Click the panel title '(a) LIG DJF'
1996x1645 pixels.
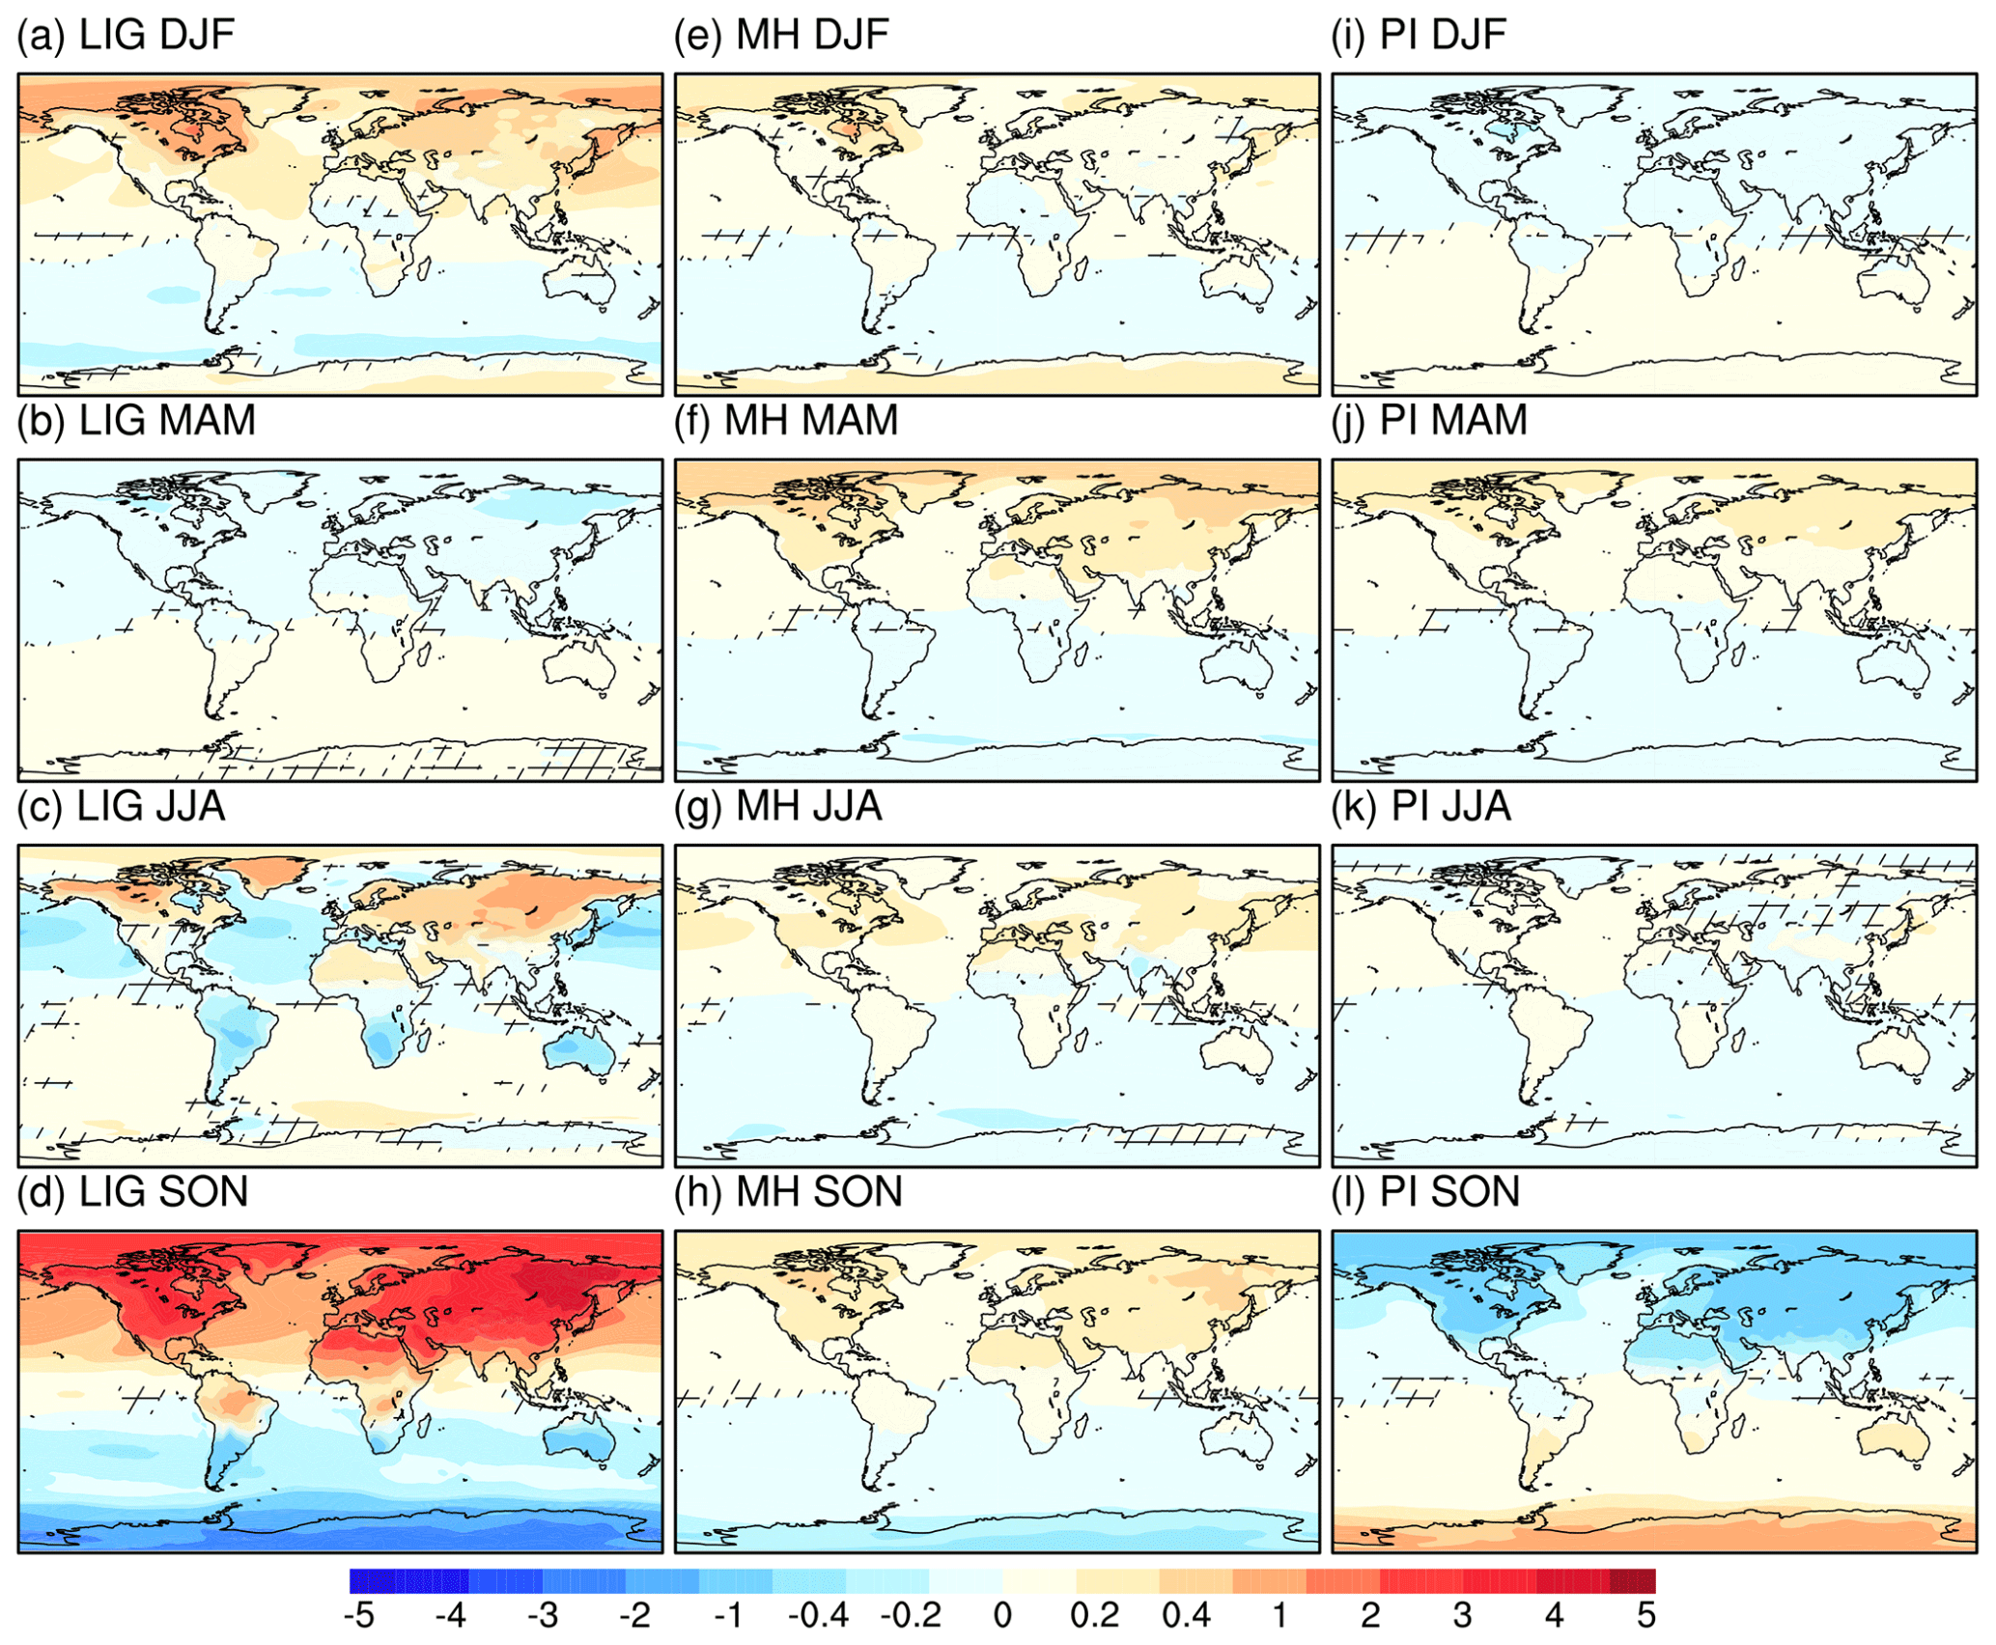(x=126, y=36)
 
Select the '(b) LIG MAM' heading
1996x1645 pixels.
(x=136, y=421)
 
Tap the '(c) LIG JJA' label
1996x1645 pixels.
(x=121, y=807)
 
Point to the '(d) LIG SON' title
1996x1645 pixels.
(x=132, y=1192)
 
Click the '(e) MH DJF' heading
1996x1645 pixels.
(x=781, y=36)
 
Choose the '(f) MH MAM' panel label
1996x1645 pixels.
(x=786, y=421)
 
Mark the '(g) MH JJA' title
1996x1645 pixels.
(x=778, y=807)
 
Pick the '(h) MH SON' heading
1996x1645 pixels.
(x=788, y=1192)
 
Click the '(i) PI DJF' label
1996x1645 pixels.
(x=1418, y=36)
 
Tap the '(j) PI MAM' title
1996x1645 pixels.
(x=1428, y=421)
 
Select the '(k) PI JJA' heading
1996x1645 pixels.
(x=1420, y=807)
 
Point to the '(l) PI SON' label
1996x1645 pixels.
(x=1425, y=1192)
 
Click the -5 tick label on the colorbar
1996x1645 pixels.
(x=358, y=1614)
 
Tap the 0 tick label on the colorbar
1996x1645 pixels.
(x=1002, y=1614)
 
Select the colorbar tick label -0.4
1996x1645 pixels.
(x=818, y=1614)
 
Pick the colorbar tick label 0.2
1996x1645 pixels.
(x=1094, y=1614)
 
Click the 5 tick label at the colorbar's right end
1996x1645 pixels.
(x=1645, y=1614)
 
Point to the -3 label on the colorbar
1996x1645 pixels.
(x=543, y=1614)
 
